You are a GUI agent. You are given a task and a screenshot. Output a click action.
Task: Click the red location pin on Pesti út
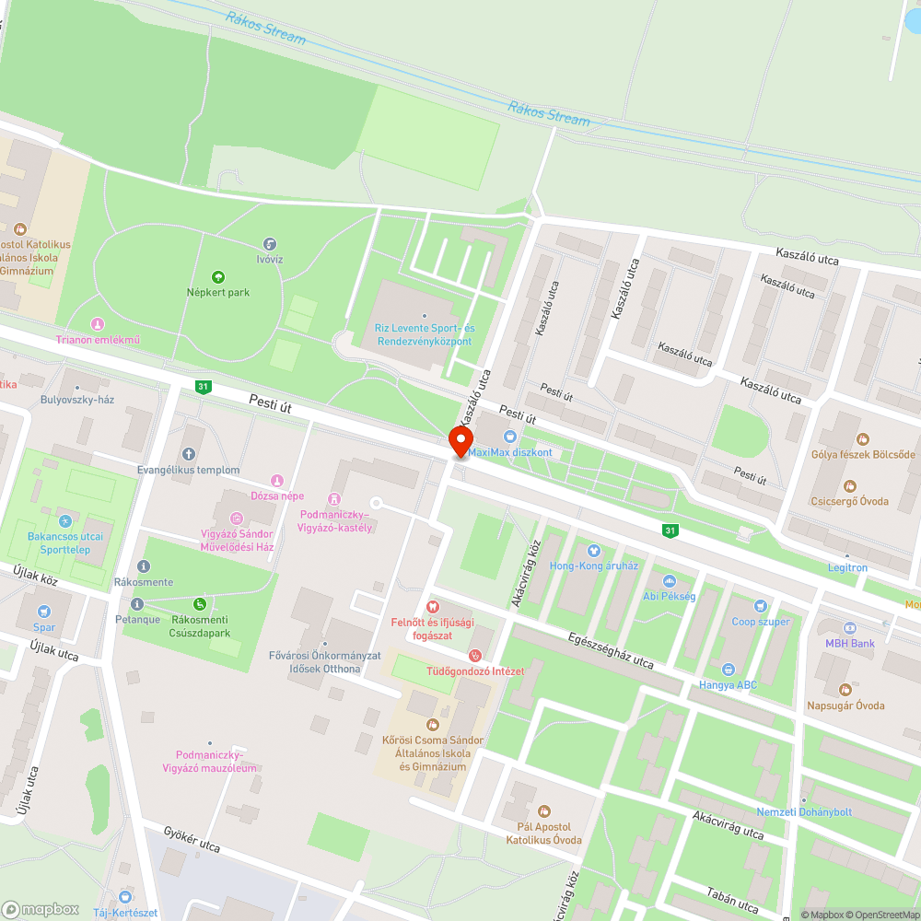[x=460, y=441]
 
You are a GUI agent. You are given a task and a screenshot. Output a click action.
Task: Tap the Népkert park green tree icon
[x=218, y=276]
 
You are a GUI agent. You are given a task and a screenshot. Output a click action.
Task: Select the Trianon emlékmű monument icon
[x=98, y=324]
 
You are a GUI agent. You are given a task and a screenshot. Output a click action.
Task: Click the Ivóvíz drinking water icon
[x=270, y=244]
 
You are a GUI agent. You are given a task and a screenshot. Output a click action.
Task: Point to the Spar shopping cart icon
[x=43, y=611]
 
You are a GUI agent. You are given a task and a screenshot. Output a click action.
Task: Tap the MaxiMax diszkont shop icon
[x=509, y=437]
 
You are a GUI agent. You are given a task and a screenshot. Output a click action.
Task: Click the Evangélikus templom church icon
[x=189, y=454]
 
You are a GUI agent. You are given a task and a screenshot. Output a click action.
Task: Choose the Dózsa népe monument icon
[x=276, y=480]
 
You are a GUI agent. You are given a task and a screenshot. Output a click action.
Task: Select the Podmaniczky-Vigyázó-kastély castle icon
[x=334, y=498]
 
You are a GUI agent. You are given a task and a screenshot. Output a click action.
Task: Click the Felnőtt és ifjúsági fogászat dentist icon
[x=434, y=608]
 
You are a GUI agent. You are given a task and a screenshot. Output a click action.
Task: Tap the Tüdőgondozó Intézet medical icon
[x=475, y=656]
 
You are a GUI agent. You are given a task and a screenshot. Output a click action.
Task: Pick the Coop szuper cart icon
[x=760, y=605]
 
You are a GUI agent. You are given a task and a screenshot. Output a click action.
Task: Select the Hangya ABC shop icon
[x=728, y=669]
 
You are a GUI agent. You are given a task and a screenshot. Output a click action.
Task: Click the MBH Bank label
[x=849, y=643]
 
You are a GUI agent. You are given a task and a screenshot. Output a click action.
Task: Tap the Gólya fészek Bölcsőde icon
[x=863, y=439]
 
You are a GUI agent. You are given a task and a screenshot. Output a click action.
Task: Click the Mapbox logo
[x=41, y=908]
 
